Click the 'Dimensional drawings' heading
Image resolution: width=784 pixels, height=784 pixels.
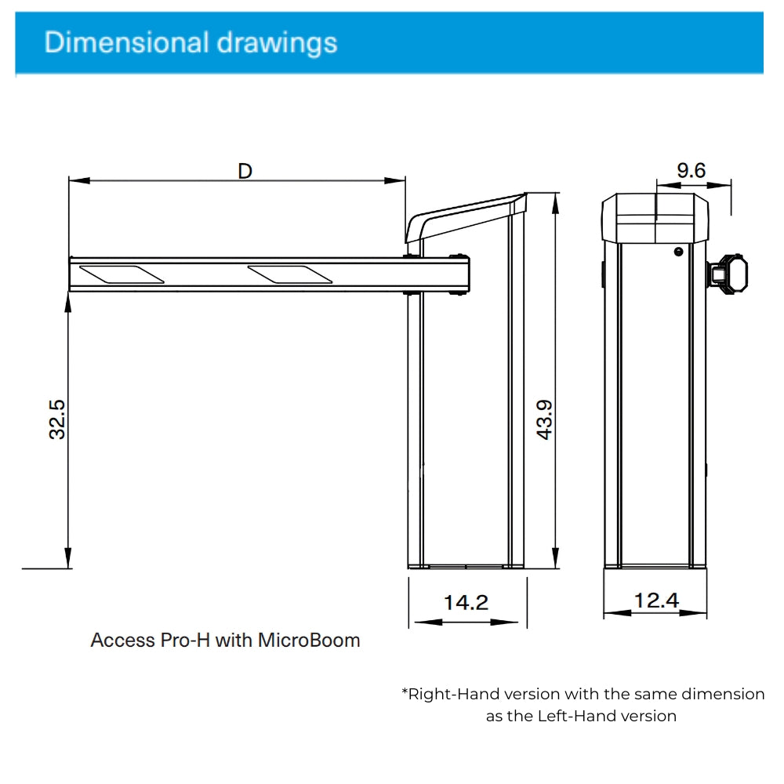tap(191, 42)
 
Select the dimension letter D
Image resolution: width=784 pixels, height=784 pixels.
tap(245, 170)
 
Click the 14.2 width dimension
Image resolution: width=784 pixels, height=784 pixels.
tap(466, 602)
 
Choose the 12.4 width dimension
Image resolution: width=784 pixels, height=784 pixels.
tap(656, 601)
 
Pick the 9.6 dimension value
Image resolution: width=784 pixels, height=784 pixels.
tap(691, 170)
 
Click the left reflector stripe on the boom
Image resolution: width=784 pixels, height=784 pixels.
tap(122, 274)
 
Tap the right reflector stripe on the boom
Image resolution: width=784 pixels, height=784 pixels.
tap(290, 274)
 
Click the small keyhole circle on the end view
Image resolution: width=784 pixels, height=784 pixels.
tap(678, 252)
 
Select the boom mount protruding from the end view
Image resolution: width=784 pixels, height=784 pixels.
tap(727, 274)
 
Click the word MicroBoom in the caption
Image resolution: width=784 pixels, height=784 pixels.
tap(309, 641)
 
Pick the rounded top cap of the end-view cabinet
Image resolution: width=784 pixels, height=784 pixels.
tap(655, 218)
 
